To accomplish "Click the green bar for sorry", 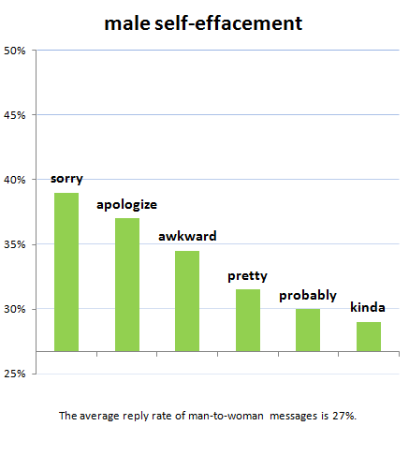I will coord(66,272).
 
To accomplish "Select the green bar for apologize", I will coord(126,285).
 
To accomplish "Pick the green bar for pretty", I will coord(247,320).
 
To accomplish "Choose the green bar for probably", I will coord(307,330).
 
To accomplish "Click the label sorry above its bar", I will coord(66,178).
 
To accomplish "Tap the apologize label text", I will coord(127,203).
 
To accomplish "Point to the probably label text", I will coord(308,295).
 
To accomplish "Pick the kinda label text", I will coord(368,307).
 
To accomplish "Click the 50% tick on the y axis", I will coord(15,51).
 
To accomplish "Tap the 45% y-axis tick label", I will coord(15,115).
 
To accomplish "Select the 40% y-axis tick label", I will coord(15,180).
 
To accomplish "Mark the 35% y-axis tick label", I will coord(15,244).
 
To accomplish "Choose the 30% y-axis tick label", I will coord(15,309).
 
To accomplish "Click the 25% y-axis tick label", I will coord(15,374).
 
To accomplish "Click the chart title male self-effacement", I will coord(203,22).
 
